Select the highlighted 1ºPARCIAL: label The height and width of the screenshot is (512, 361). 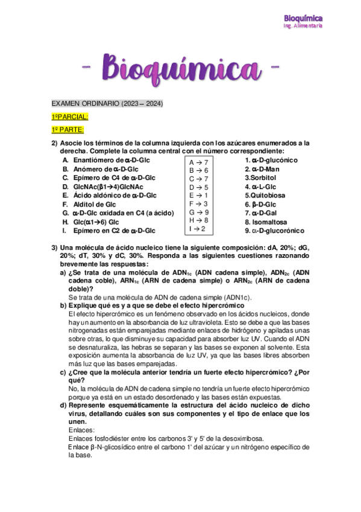(69, 117)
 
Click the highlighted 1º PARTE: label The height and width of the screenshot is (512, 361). (67, 130)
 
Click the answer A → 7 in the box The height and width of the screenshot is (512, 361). (198, 162)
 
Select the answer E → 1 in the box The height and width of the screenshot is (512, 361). (198, 196)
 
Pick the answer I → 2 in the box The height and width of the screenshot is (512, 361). (197, 229)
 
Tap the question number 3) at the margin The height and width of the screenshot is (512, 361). (54, 248)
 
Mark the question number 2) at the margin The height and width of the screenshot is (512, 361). (54, 143)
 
